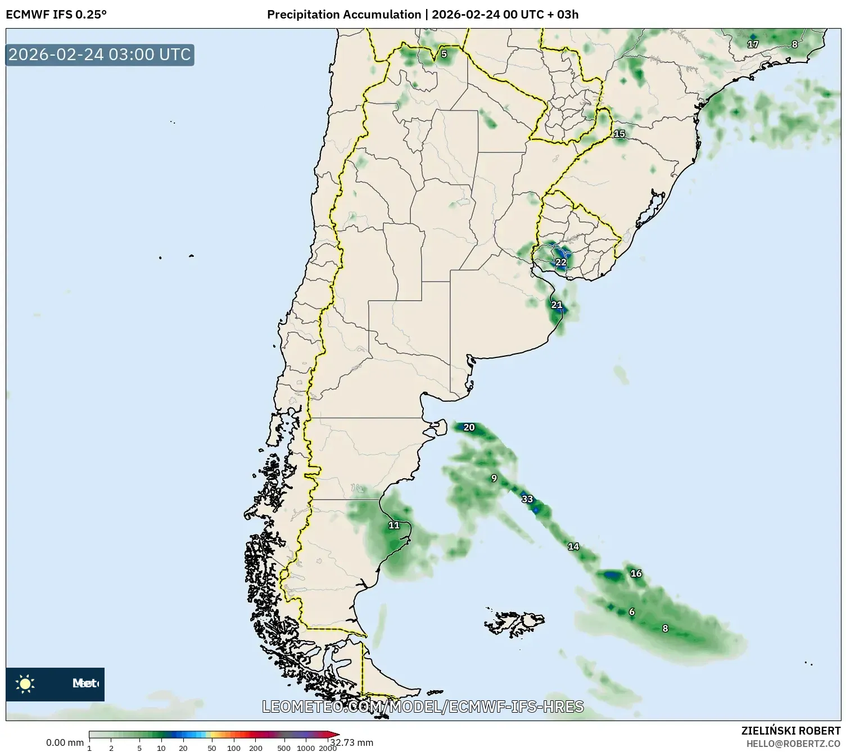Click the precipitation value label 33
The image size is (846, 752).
coord(527,499)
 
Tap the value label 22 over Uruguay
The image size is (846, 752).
coord(561,262)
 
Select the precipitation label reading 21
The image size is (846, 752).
coord(557,305)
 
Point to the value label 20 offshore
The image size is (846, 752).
coord(469,428)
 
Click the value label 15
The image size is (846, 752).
coord(619,134)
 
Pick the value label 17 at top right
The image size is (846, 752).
coord(753,44)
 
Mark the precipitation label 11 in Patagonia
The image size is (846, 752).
coord(394,526)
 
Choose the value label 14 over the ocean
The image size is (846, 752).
coord(573,546)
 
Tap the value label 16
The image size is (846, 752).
coord(636,574)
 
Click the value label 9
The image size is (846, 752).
coord(494,478)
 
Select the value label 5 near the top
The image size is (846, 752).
coord(444,54)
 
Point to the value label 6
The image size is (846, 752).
coord(632,612)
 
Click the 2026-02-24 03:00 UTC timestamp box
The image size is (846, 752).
coord(99,55)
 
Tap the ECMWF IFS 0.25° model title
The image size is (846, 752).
coord(56,15)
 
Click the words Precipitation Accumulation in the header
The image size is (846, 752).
coord(343,15)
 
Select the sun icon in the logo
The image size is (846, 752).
coord(25,683)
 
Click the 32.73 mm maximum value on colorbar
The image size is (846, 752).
coord(352,742)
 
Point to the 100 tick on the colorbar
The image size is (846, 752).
coord(234,748)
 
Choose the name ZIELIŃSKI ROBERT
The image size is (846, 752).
coord(790,731)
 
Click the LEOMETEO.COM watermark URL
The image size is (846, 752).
coord(423,706)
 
